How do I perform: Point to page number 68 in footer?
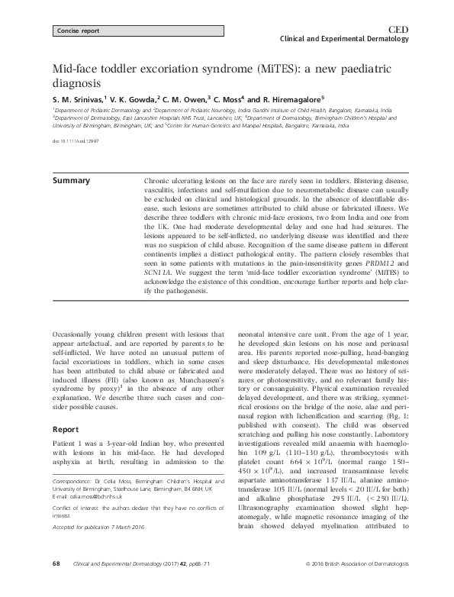[56, 584]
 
